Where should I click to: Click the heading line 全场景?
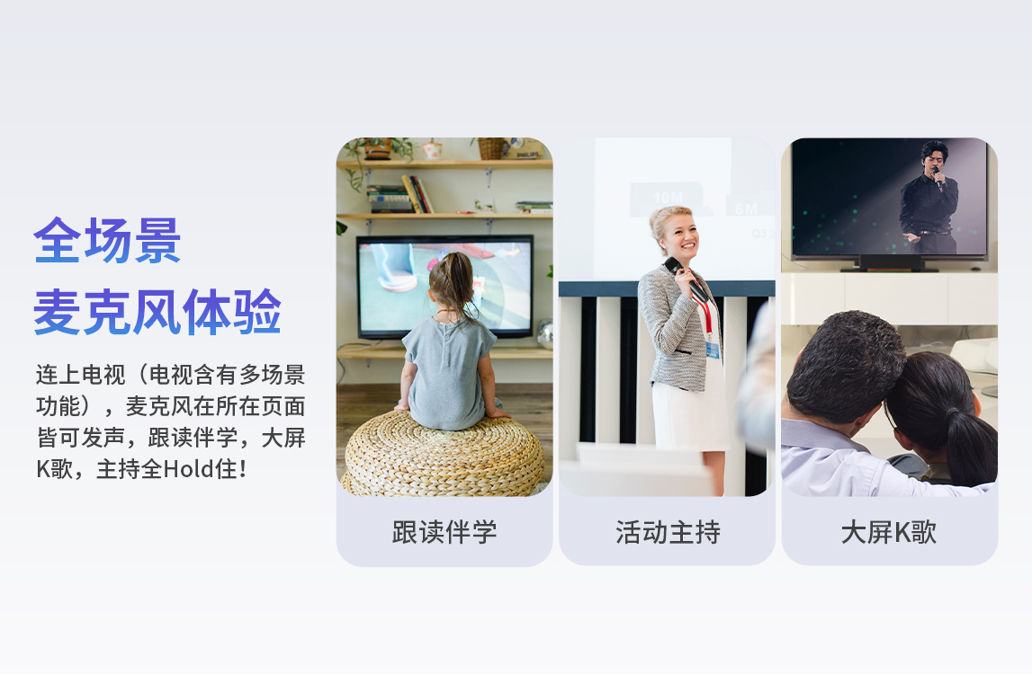107,241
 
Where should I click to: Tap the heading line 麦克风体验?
157,312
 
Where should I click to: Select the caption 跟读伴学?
444,532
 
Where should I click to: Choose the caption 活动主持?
668,532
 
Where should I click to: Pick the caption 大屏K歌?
889,532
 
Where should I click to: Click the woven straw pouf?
444,454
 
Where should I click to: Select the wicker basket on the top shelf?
490,148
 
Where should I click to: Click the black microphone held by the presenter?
685,279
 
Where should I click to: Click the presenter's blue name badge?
712,350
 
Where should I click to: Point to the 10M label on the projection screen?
668,198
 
